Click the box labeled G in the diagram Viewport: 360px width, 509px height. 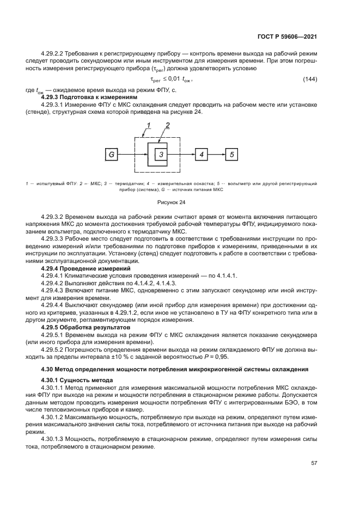112,155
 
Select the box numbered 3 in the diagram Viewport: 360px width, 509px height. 161,155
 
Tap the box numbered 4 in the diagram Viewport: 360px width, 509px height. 201,155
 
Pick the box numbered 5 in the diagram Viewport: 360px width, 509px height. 231,155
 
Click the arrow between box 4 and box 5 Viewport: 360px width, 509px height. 217,155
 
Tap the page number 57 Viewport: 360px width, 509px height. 314,463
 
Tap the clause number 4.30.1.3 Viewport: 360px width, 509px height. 56,438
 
